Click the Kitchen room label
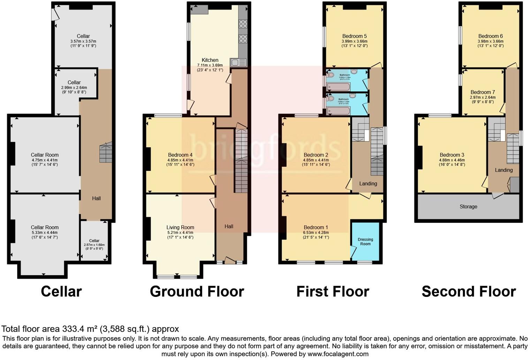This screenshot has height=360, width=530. [x=210, y=60]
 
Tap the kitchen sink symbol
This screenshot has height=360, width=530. [x=238, y=63]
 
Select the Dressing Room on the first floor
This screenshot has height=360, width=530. [x=365, y=241]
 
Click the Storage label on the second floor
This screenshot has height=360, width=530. [x=468, y=207]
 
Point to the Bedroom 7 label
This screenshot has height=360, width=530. [x=483, y=92]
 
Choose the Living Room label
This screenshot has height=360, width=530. [x=180, y=227]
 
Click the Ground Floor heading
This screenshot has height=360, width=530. [x=197, y=292]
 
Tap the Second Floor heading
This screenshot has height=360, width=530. [x=468, y=292]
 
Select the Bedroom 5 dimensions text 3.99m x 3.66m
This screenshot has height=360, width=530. [x=354, y=41]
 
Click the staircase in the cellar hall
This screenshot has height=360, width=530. [x=106, y=152]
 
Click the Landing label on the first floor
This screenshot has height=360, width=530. [x=368, y=183]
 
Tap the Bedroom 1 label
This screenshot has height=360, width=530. [x=316, y=227]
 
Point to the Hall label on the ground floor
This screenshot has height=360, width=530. [x=229, y=226]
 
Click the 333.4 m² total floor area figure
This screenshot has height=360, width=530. [x=80, y=329]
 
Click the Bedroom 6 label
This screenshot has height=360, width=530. [x=490, y=36]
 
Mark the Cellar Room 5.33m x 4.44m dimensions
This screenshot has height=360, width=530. [x=44, y=233]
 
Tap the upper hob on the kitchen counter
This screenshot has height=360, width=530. [x=243, y=24]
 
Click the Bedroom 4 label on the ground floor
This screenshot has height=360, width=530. [x=180, y=155]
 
